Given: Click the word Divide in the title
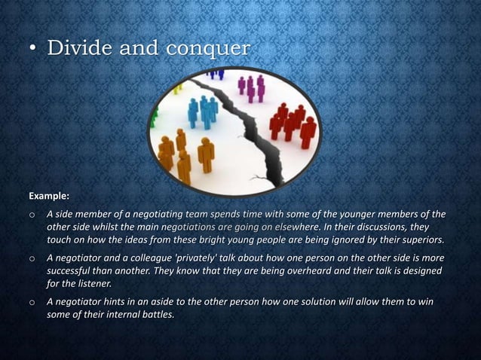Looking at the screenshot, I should (x=78, y=48).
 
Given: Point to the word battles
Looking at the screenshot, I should (x=152, y=316).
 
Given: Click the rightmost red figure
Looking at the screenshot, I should (x=308, y=132).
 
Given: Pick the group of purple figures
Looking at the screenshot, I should (x=251, y=87).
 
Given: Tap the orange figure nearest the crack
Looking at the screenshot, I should (x=205, y=154).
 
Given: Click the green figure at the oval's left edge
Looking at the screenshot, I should (x=155, y=117).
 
